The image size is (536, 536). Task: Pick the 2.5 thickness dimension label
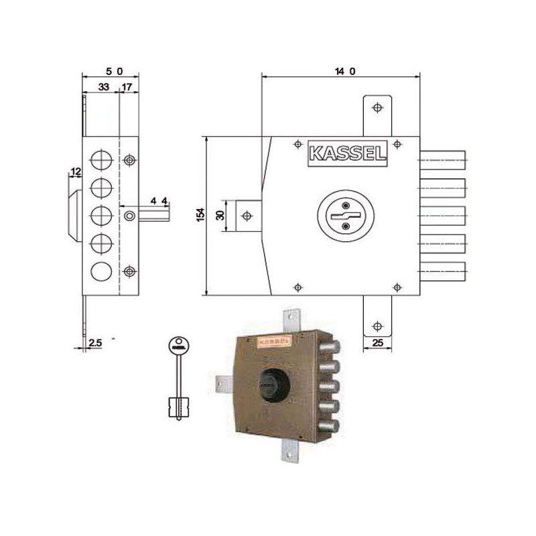[x=95, y=343]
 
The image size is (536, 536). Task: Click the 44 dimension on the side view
[x=159, y=200]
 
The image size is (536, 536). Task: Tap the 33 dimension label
[x=104, y=87]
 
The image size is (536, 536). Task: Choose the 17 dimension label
[x=127, y=87]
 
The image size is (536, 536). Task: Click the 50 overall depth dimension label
[x=111, y=70]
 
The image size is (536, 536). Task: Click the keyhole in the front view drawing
[x=346, y=216]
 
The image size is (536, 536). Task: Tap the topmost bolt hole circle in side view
[x=100, y=159]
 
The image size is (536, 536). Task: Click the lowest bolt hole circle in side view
[x=100, y=271]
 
